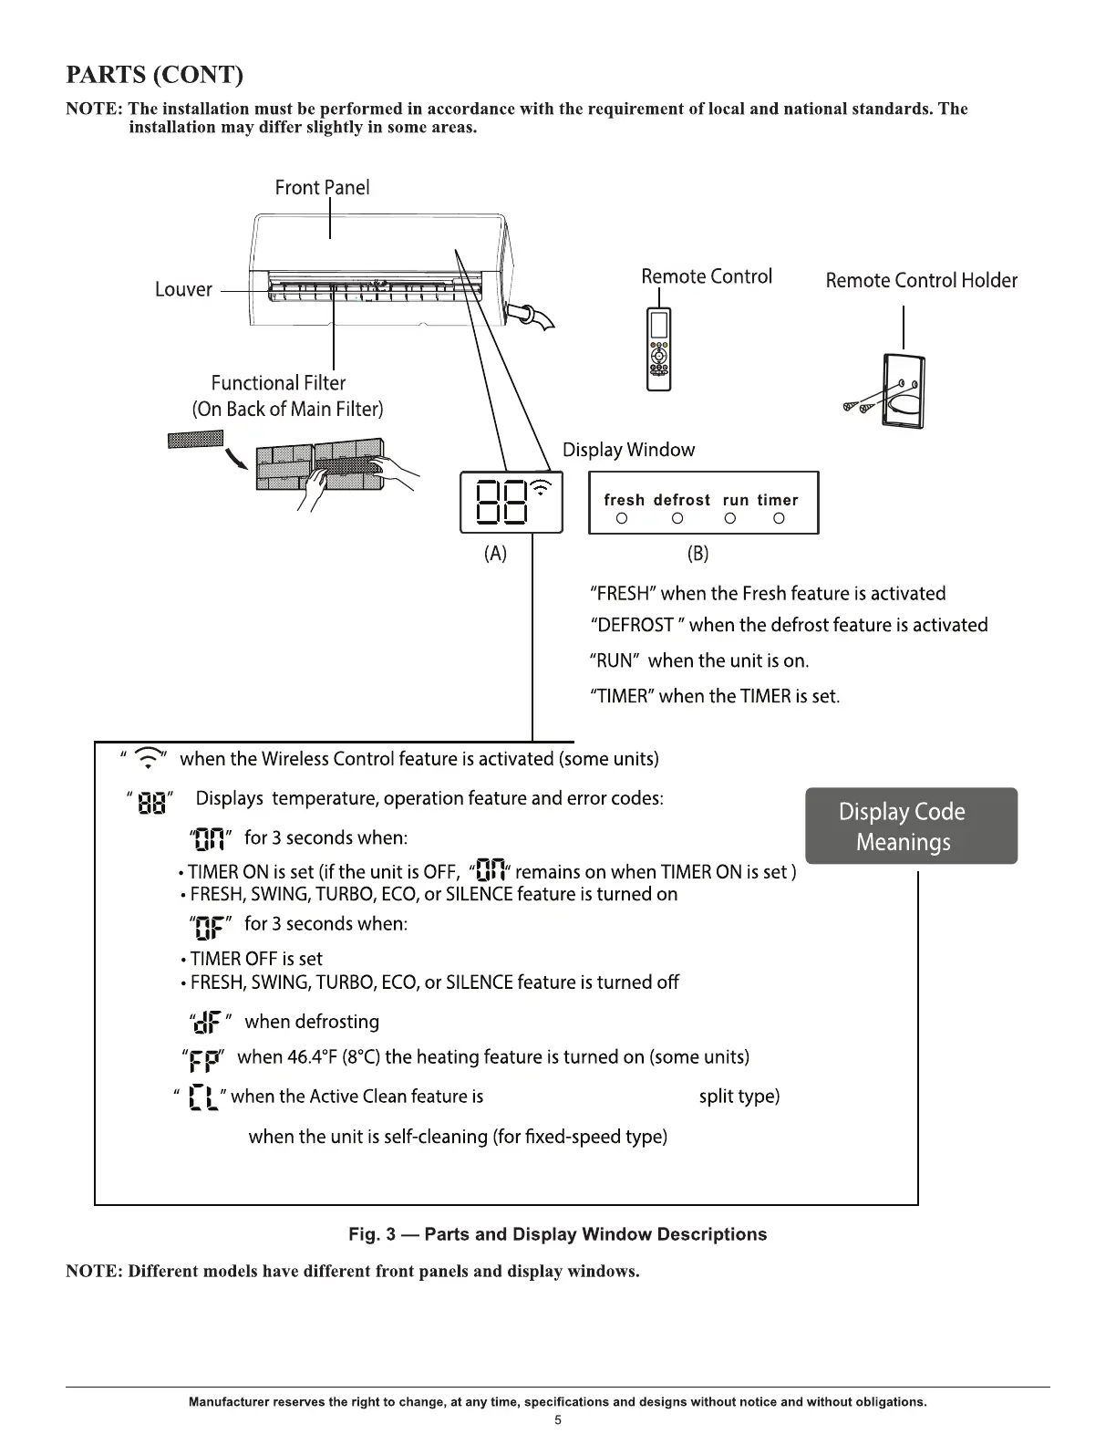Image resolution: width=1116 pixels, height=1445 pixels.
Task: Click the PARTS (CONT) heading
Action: coord(155,74)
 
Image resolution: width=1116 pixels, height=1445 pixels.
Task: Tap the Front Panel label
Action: coord(322,188)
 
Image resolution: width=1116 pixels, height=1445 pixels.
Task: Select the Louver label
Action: coord(183,289)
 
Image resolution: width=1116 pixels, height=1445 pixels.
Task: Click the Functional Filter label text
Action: coord(278,383)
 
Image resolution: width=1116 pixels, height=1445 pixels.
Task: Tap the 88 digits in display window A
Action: coord(501,503)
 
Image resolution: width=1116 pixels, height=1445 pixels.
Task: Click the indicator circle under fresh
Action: coord(622,519)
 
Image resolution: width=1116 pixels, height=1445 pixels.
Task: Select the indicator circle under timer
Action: coord(779,519)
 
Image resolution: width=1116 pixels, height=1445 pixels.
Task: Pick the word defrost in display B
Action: coord(682,500)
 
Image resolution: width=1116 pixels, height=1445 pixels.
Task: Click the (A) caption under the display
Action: coord(495,553)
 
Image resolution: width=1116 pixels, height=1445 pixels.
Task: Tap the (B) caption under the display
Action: coord(697,553)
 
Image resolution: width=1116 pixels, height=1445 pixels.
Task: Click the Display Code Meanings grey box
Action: coord(911,826)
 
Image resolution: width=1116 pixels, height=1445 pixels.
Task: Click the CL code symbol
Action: coord(201,1097)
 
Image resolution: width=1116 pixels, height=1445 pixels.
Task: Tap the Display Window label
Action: coord(628,450)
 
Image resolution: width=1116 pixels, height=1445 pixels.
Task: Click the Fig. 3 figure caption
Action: coord(557,1234)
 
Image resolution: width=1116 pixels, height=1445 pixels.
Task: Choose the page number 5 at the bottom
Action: coord(558,1420)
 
